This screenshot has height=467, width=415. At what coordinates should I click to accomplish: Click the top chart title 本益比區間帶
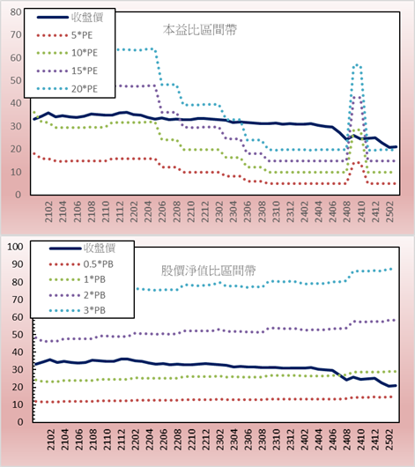(200, 30)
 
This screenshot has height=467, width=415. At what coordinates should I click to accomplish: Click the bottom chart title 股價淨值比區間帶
(208, 271)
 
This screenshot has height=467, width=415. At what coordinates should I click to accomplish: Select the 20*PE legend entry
(68, 89)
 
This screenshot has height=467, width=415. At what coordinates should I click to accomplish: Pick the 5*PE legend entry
(64, 35)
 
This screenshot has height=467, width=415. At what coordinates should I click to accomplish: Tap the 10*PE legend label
(85, 53)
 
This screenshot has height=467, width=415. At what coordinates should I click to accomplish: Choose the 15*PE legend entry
(68, 70)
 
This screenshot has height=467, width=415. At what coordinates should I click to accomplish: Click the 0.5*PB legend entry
(81, 264)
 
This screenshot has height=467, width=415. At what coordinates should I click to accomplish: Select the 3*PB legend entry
(78, 310)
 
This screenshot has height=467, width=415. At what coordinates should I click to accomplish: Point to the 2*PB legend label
(95, 295)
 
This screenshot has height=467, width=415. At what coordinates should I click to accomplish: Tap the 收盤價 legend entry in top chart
(70, 18)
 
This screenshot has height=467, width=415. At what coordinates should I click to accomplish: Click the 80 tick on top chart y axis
(16, 12)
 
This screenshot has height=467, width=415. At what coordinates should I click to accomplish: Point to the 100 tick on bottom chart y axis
(15, 247)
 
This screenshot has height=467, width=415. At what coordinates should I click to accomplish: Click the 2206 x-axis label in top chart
(162, 211)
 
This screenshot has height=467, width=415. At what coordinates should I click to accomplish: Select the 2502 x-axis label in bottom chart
(390, 440)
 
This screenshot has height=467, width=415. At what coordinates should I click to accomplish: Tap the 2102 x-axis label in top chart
(48, 211)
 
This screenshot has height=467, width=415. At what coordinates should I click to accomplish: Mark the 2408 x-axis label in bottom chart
(347, 440)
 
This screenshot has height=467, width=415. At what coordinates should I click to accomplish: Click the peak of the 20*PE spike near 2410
(357, 64)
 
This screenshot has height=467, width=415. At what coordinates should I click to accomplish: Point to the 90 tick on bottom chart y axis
(17, 264)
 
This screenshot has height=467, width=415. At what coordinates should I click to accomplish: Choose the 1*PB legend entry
(78, 279)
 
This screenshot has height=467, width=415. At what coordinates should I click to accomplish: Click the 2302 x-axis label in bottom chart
(220, 440)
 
